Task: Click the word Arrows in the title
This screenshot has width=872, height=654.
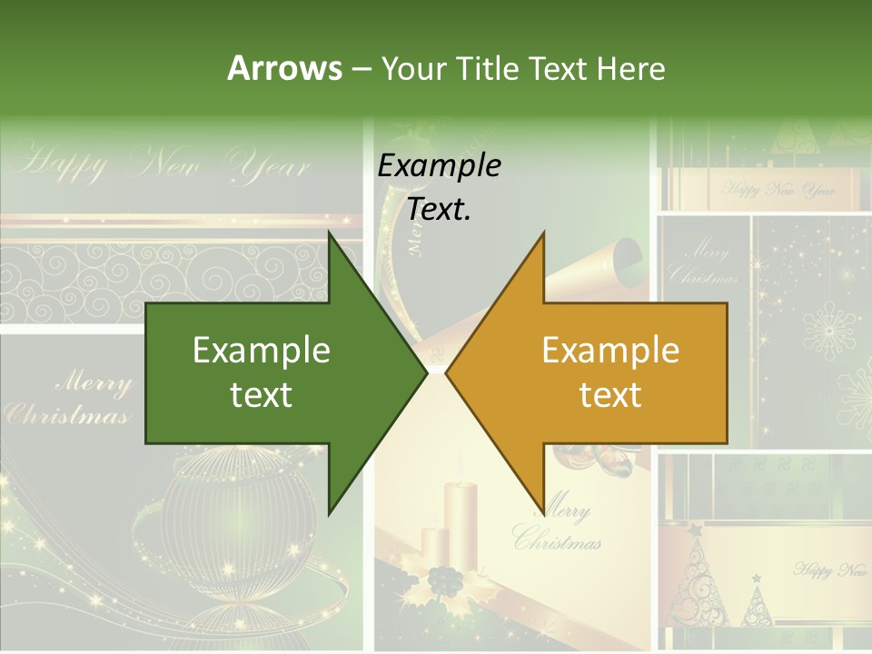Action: coord(285,68)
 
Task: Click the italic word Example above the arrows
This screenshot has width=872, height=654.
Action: coord(439,165)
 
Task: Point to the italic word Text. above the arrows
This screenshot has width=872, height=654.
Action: coord(439,209)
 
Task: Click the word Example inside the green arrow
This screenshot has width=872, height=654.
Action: coord(261,350)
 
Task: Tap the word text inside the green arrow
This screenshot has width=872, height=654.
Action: coord(261,394)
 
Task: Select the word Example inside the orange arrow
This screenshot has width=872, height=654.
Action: coord(610,350)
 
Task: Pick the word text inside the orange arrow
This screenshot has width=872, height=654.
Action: coord(610,394)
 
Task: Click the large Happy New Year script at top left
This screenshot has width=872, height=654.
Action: coord(163,164)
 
